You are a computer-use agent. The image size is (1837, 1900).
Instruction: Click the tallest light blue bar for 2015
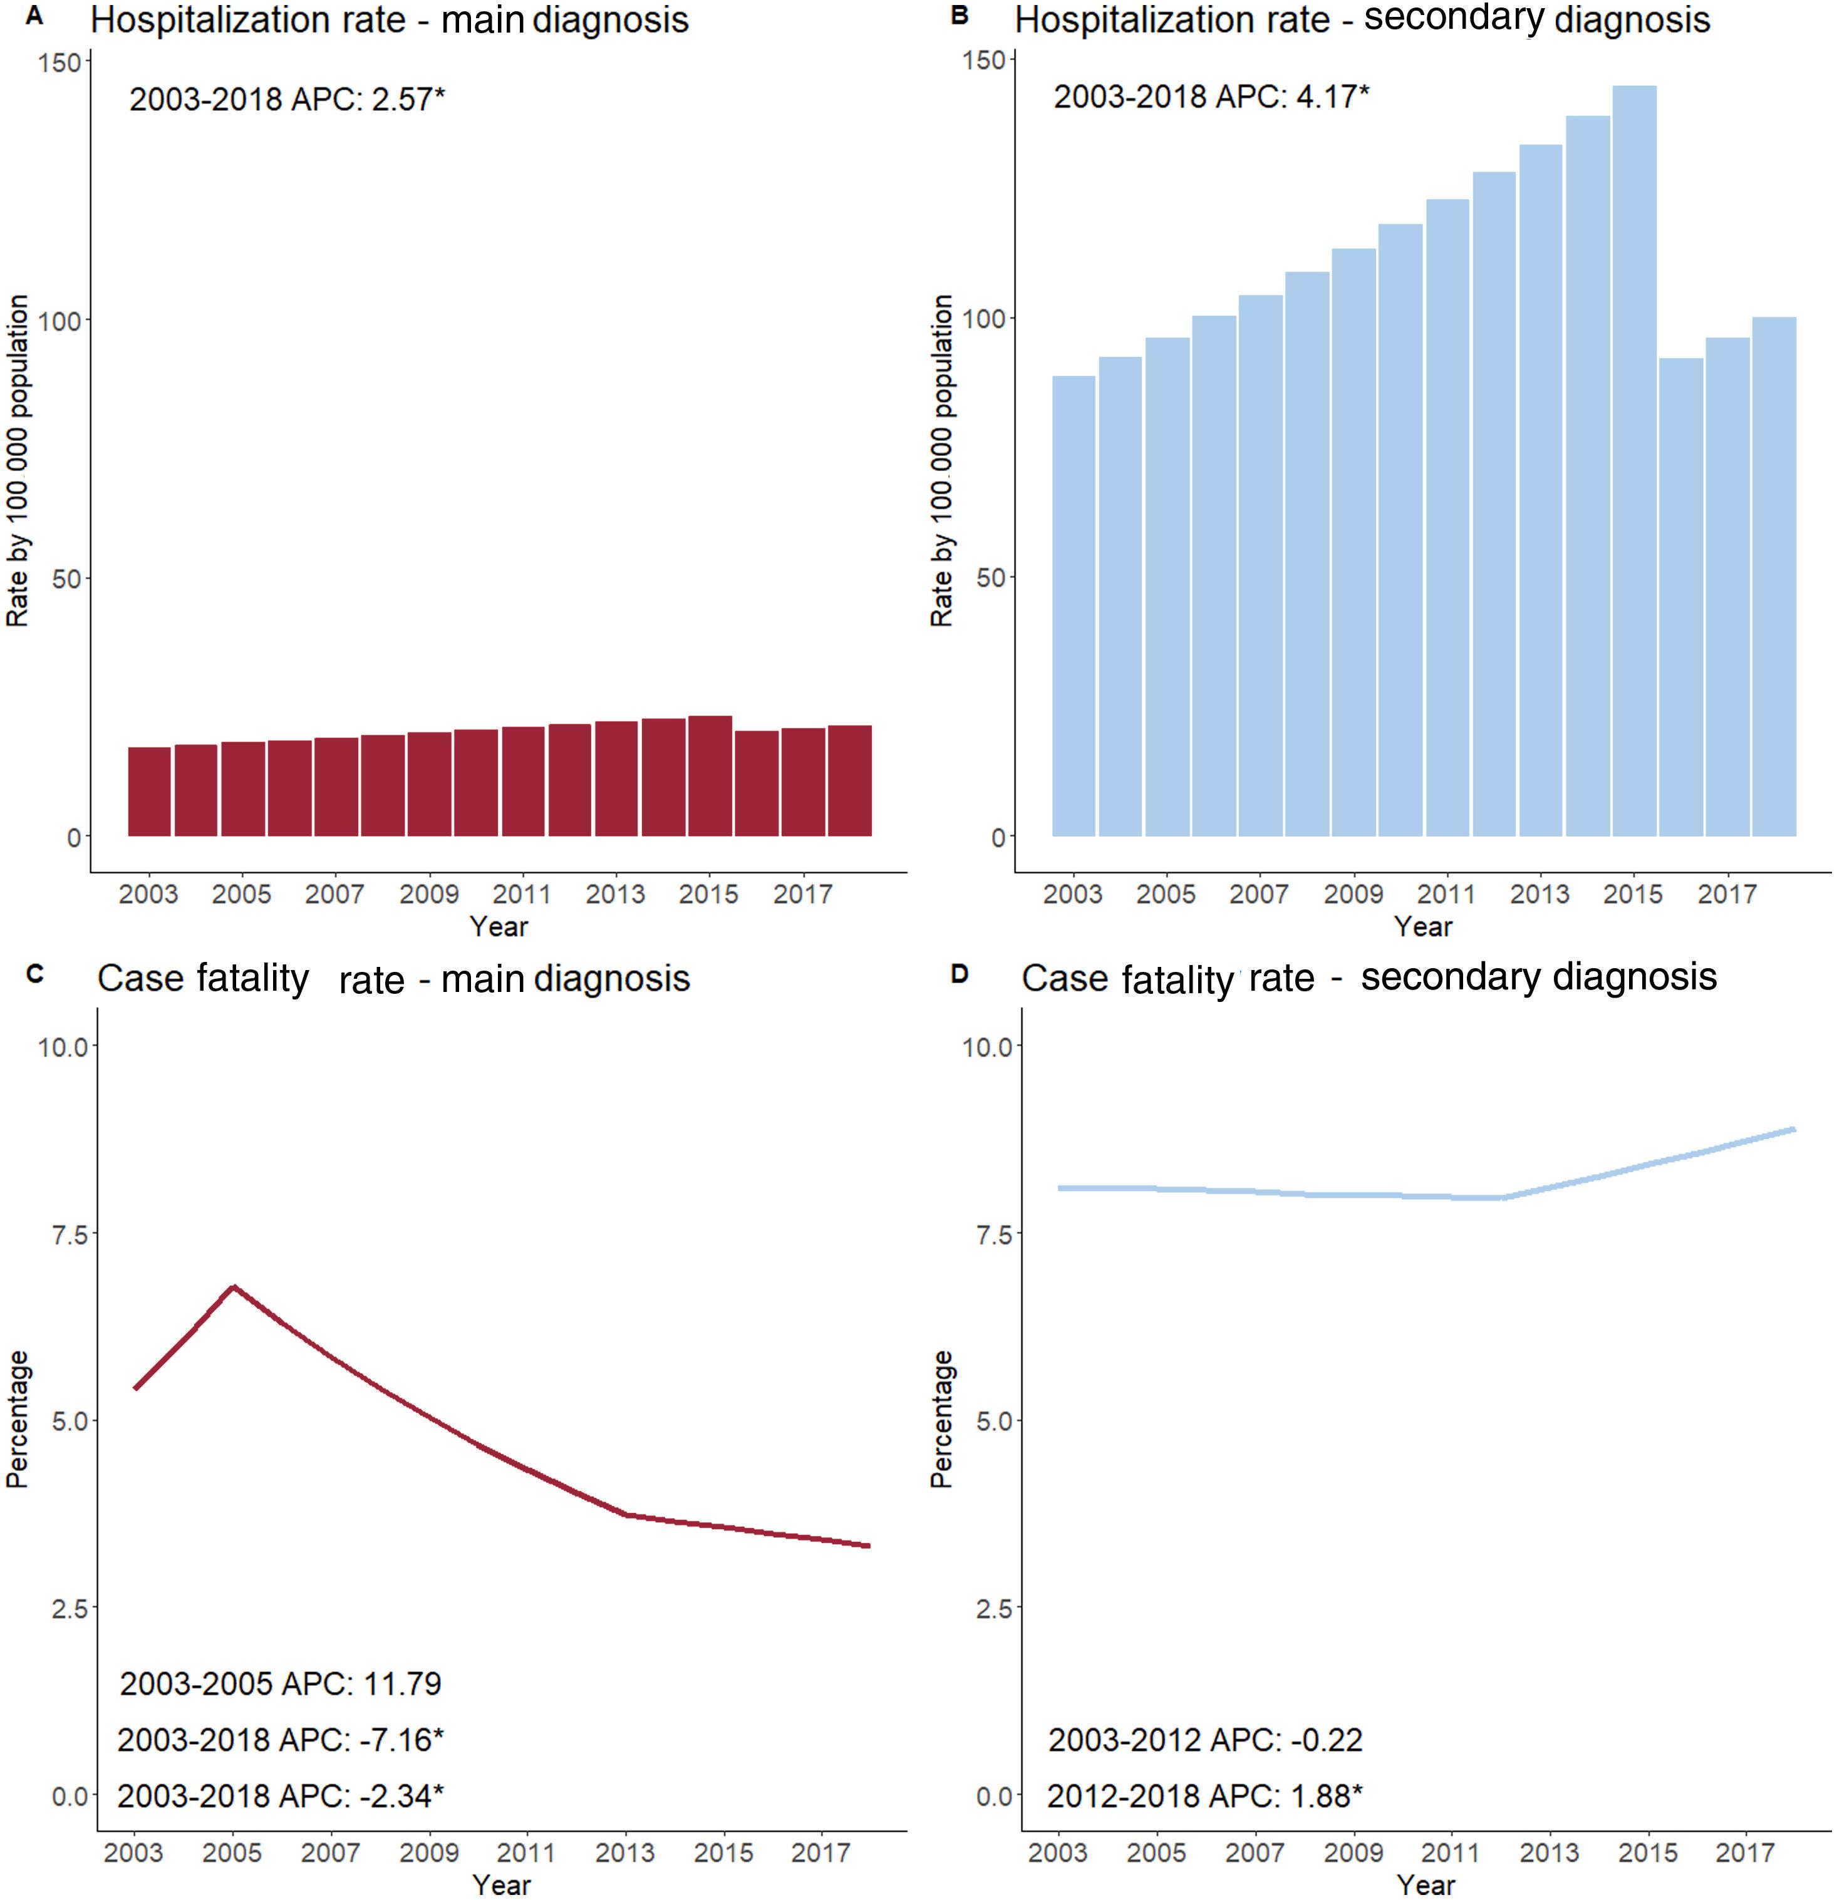[x=1633, y=460]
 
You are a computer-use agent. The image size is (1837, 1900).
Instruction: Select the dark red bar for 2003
[x=149, y=791]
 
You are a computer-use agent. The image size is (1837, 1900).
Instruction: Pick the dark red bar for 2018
[x=849, y=780]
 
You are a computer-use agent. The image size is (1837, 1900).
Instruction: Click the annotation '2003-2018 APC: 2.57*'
[x=287, y=99]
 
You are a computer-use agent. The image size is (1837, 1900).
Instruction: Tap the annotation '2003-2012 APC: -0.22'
[x=1205, y=1740]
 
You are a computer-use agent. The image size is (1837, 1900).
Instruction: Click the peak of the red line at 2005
[x=232, y=1288]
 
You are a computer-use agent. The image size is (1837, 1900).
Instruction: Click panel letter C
[x=35, y=973]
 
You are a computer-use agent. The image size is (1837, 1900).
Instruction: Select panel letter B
[x=960, y=16]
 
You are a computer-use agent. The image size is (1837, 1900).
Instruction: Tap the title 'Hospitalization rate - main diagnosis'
[x=390, y=19]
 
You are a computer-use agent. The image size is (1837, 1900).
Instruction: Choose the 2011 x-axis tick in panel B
[x=1446, y=894]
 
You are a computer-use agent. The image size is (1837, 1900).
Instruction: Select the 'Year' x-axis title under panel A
[x=499, y=927]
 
